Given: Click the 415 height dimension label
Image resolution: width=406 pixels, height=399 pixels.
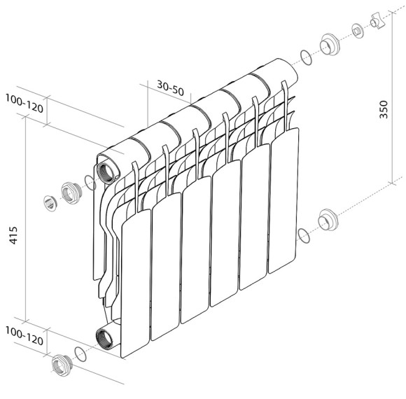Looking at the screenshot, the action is click(x=13, y=235).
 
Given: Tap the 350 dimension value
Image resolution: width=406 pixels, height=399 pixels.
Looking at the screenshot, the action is click(x=384, y=109).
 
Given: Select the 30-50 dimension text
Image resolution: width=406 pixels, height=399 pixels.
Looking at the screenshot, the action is click(x=170, y=87).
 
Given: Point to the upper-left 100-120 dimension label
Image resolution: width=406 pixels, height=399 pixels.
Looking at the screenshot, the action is click(x=24, y=104).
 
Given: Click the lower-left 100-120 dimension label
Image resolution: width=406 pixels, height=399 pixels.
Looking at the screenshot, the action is click(x=24, y=335).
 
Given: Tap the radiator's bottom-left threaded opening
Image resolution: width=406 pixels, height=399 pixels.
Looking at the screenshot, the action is click(x=104, y=336).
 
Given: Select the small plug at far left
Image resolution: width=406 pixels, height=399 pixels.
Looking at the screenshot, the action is click(x=50, y=203).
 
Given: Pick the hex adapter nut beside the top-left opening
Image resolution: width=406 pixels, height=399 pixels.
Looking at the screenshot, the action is click(x=71, y=192).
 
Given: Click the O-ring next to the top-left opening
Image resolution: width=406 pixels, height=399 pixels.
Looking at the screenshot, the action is click(x=90, y=183).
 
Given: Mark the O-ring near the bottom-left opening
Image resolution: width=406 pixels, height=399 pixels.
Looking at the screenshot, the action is click(x=80, y=354).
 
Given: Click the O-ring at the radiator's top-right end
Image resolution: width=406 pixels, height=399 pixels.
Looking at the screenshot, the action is click(x=306, y=57).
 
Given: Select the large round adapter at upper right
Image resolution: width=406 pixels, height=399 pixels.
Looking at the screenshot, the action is click(x=330, y=44).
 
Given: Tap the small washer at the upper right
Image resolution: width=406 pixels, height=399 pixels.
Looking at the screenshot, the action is click(x=358, y=31).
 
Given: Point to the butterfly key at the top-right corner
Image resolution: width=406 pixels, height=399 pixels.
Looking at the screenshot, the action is click(x=377, y=22).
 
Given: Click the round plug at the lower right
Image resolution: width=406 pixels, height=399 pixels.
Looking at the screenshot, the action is click(x=328, y=220).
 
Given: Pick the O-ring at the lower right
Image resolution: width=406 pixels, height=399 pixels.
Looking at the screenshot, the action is click(x=304, y=236).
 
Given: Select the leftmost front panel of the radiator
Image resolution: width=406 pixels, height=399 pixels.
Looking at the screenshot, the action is click(x=136, y=283).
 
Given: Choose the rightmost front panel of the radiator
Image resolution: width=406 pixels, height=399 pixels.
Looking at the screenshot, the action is click(x=283, y=200).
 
